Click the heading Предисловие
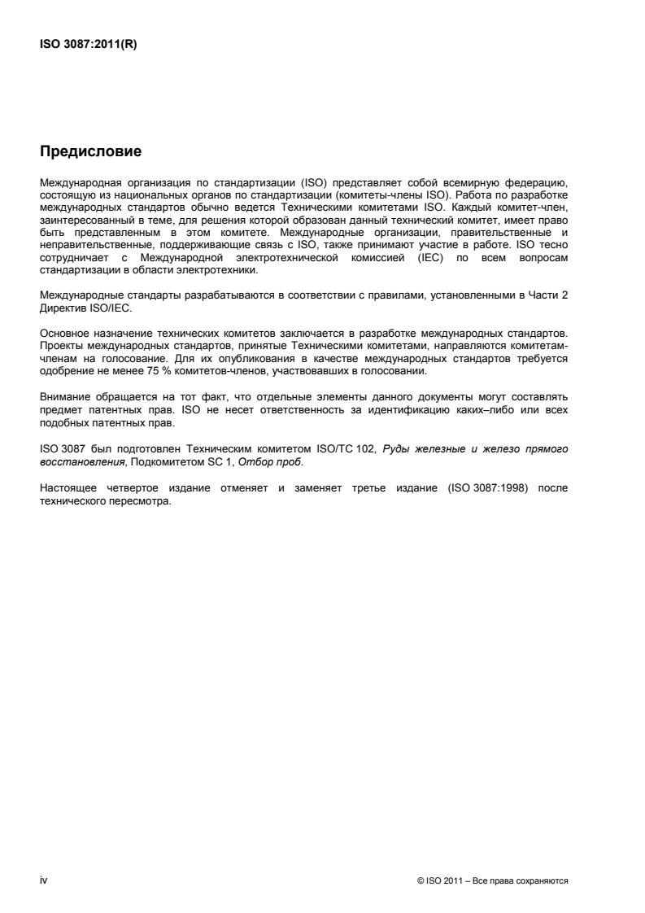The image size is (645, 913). click(x=90, y=151)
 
